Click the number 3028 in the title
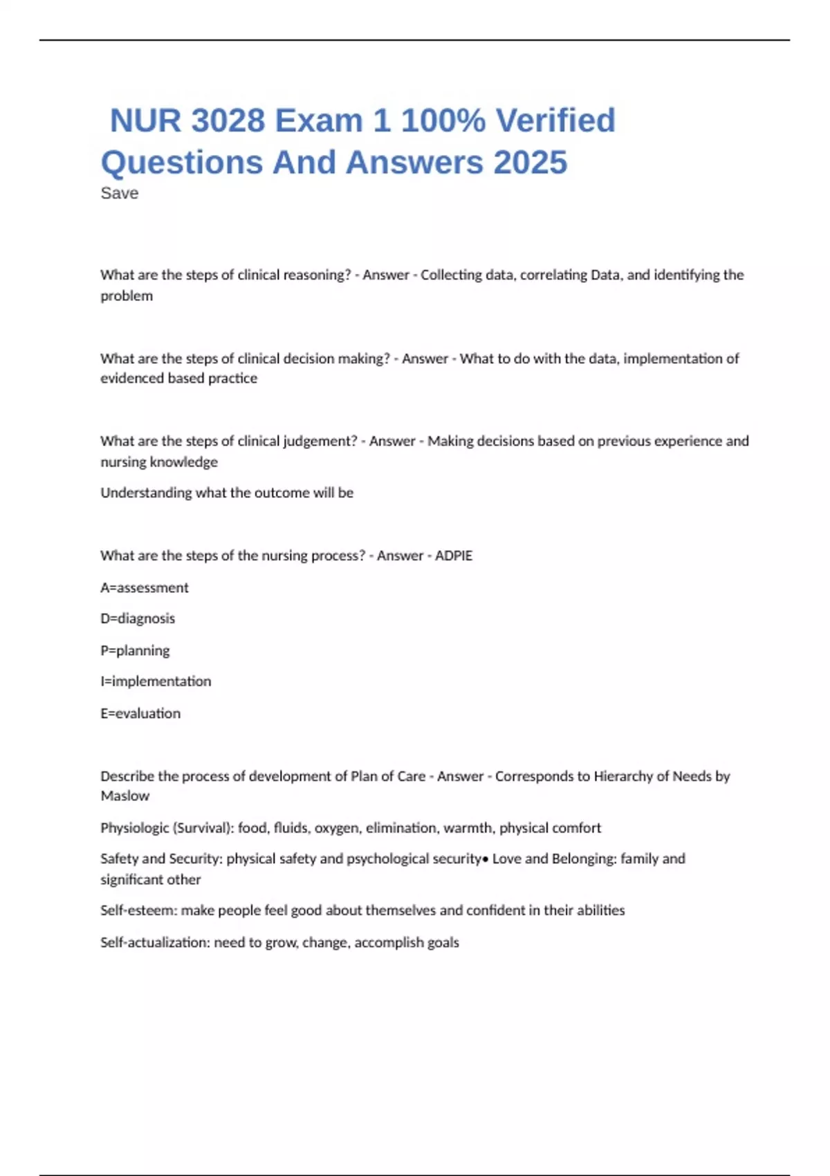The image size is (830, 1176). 228,121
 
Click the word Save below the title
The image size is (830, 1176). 119,194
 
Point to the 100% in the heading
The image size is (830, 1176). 443,121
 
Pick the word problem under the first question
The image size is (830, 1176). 127,296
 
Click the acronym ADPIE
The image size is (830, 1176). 454,556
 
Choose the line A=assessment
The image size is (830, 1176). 144,588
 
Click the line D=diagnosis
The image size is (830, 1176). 138,618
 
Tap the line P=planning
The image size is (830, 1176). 135,651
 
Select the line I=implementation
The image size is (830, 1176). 156,681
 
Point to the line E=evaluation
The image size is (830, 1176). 140,714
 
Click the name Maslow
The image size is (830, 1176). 124,796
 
